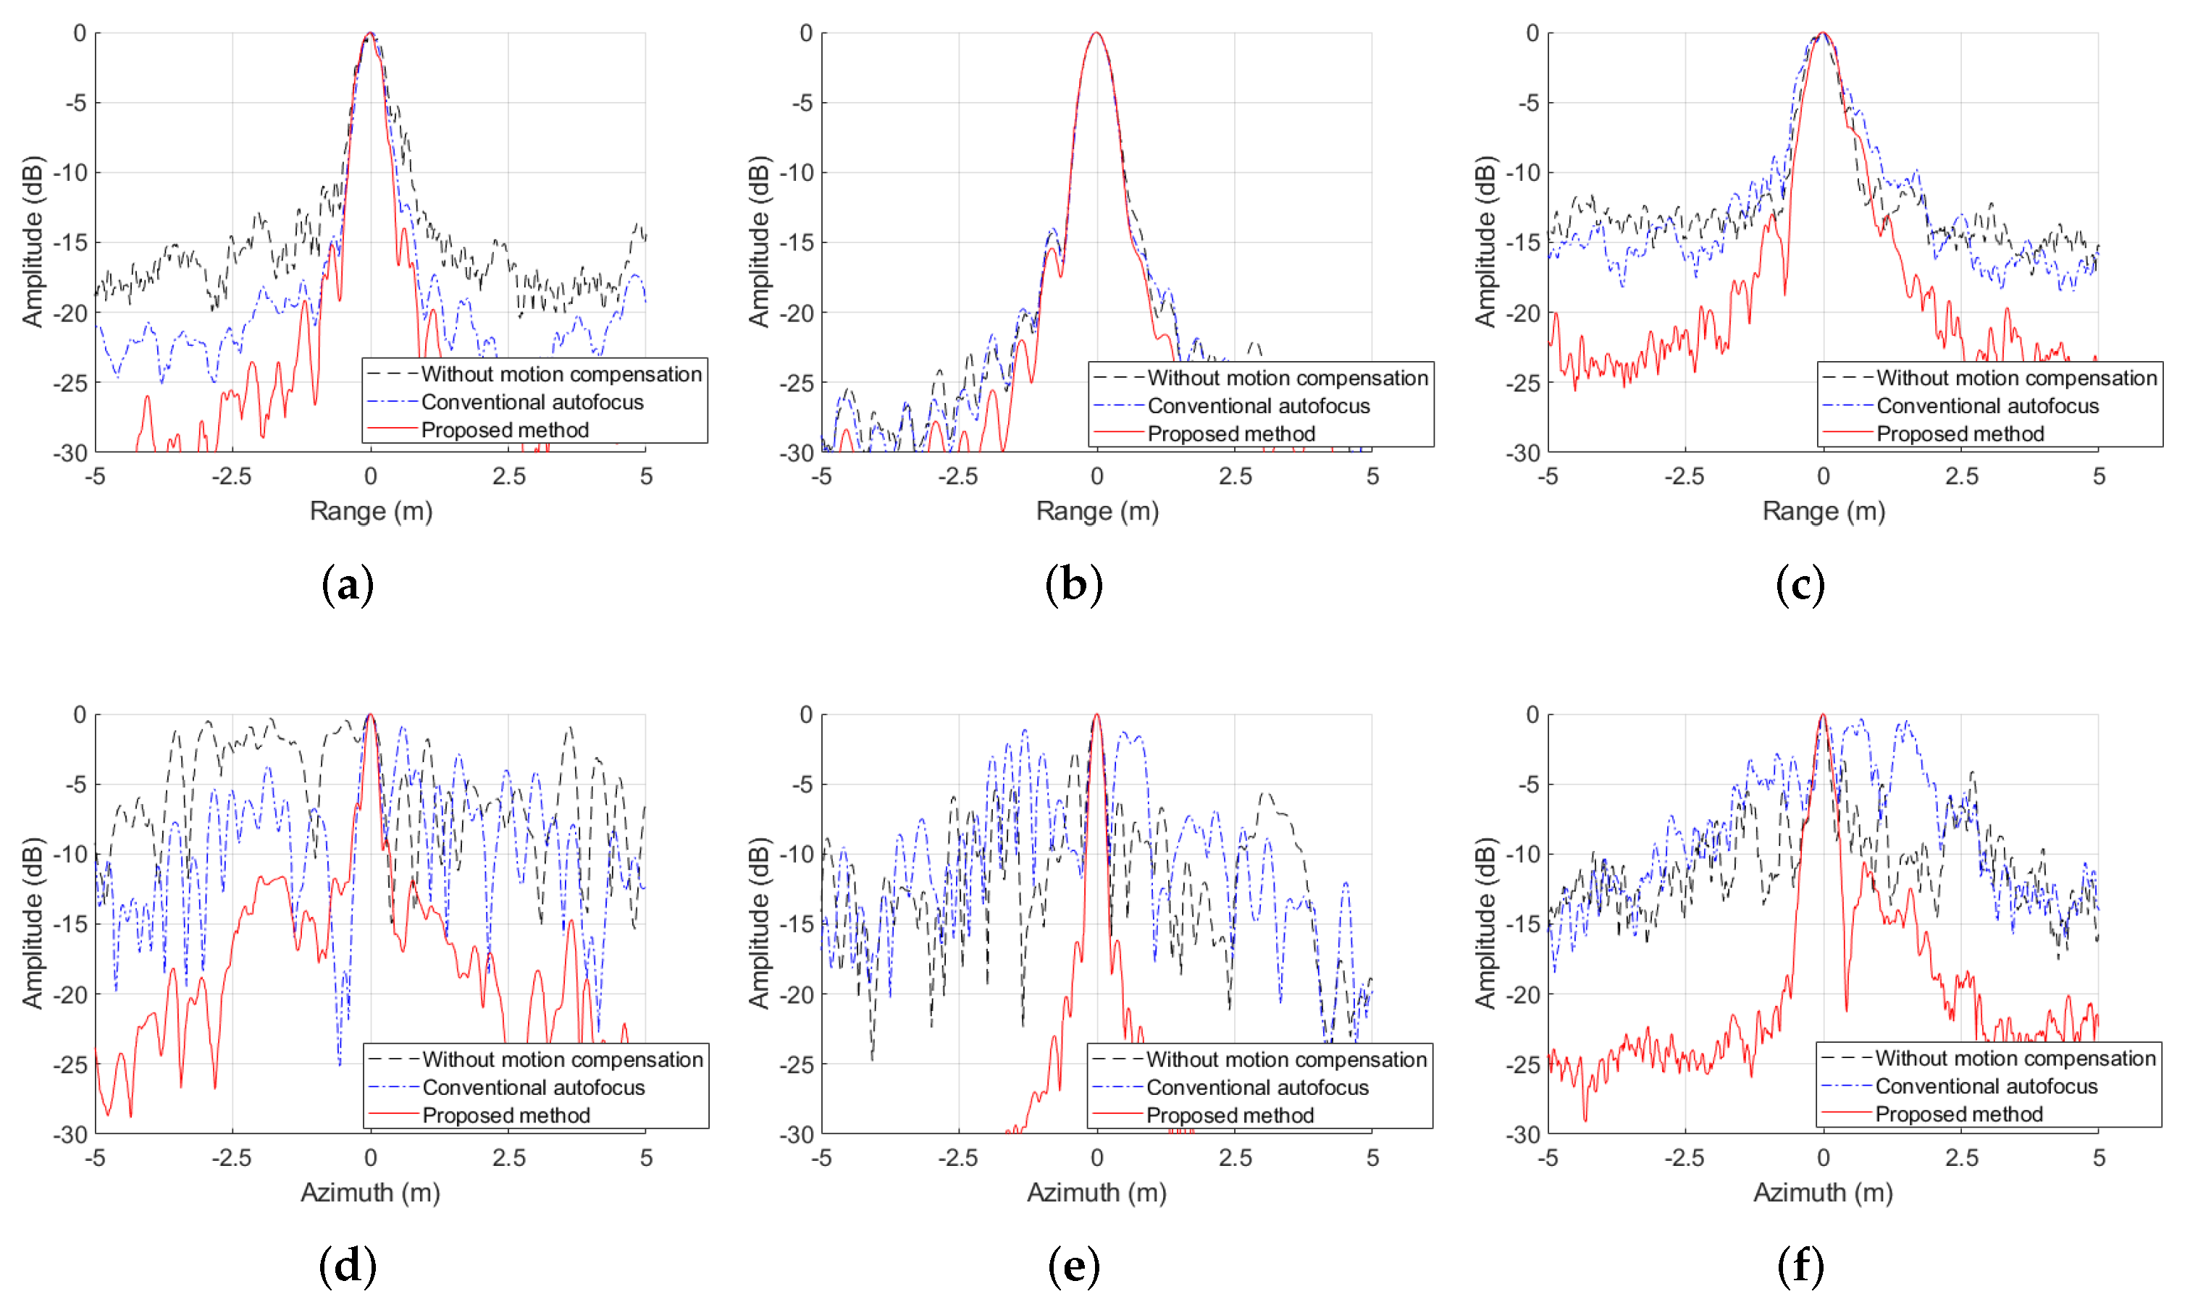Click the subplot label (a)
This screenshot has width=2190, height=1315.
348,585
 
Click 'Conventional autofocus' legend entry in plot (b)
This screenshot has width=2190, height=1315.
1258,406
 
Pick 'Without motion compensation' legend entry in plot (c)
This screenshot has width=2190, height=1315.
2016,379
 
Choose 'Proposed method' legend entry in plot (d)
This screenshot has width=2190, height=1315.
505,1115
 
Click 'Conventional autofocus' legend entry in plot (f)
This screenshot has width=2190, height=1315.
1986,1086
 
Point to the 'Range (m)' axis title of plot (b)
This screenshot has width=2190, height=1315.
1096,511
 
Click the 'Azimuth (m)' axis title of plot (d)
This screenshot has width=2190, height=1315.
370,1193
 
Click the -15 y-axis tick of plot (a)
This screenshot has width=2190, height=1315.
70,242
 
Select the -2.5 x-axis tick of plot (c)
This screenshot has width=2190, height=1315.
1684,477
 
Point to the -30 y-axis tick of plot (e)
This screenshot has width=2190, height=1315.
795,1134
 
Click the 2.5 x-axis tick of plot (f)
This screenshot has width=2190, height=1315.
1961,1158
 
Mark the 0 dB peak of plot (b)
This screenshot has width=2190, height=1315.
1096,34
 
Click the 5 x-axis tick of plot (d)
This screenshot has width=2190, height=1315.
645,1158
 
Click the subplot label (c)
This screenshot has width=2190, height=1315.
1800,585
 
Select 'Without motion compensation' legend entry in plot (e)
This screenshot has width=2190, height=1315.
1286,1060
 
